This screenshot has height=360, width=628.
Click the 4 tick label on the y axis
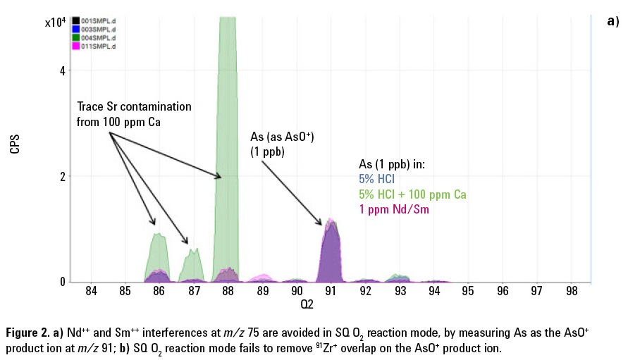coord(63,71)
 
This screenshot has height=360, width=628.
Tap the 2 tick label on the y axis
coord(63,177)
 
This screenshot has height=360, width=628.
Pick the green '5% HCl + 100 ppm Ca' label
coord(412,194)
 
